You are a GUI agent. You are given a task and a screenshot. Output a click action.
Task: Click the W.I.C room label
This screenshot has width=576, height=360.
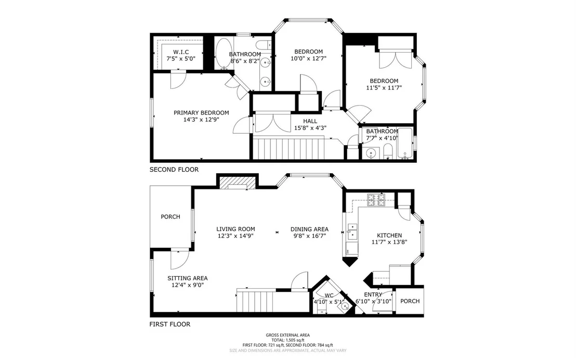point(181,52)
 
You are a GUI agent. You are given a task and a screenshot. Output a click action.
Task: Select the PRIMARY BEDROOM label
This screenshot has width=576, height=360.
point(201,112)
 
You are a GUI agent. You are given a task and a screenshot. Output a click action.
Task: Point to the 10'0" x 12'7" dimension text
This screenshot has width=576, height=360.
point(309,58)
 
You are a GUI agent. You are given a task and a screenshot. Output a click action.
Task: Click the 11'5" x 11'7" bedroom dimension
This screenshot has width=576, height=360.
point(384,87)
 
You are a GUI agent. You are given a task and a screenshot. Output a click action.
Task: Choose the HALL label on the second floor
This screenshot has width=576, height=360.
point(310,121)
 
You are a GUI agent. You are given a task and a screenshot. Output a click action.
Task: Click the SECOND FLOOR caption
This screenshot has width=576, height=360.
point(174,170)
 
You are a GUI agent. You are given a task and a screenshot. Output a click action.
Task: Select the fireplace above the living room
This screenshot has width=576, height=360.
point(237,183)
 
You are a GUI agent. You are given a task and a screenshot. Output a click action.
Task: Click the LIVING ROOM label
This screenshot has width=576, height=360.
point(235,229)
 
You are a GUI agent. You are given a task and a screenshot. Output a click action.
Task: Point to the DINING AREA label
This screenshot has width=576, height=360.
point(309,229)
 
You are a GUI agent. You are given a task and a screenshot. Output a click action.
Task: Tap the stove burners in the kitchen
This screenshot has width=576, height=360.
point(376,200)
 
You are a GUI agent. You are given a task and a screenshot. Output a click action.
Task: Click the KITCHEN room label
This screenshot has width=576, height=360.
point(389,235)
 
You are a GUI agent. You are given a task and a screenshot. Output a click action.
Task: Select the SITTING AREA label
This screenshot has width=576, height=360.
point(187,278)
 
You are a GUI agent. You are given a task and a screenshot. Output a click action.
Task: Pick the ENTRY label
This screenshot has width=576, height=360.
point(373,294)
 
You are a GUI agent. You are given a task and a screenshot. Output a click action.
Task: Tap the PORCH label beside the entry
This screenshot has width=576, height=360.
point(410,301)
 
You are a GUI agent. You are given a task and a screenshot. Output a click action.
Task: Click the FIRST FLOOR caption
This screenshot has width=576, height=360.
point(169,324)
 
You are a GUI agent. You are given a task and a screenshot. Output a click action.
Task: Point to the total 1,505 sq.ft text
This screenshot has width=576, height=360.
point(287,340)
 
